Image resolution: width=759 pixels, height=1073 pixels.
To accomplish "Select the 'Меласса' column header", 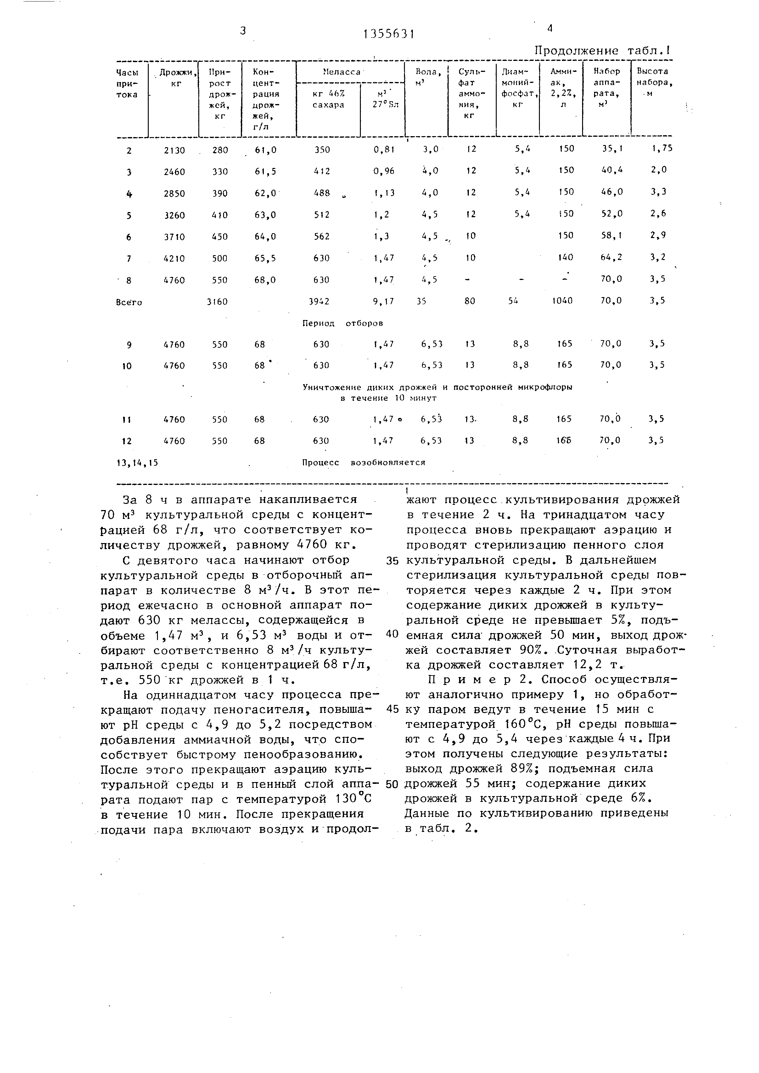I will pyautogui.click(x=342, y=73).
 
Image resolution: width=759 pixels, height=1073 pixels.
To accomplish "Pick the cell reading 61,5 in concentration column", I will pyautogui.click(x=265, y=172).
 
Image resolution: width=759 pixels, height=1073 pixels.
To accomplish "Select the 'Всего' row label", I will pyautogui.click(x=129, y=302).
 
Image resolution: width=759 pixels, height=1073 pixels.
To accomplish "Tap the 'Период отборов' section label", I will pyautogui.click(x=342, y=323).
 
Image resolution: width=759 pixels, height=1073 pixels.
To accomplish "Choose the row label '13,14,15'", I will pyautogui.click(x=137, y=463).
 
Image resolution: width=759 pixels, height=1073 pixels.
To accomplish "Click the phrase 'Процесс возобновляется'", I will pyautogui.click(x=363, y=462).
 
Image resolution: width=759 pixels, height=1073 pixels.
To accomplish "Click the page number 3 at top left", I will pyautogui.click(x=243, y=31).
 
